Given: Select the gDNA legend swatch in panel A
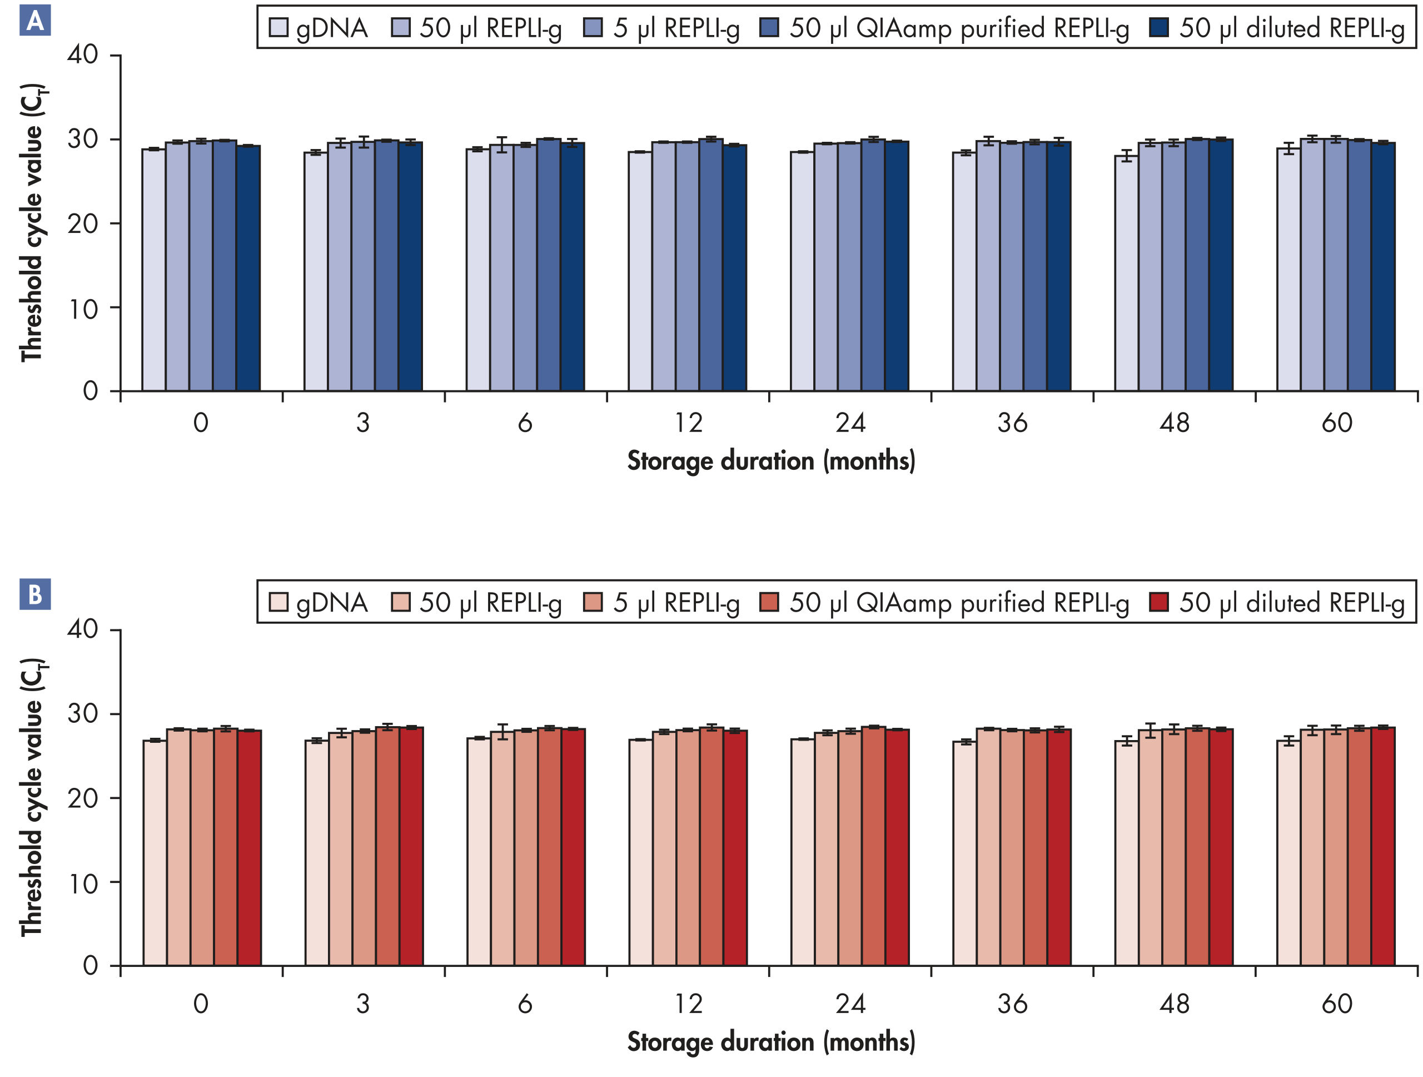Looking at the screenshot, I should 278,28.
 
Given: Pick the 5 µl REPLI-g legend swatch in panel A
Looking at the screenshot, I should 593,28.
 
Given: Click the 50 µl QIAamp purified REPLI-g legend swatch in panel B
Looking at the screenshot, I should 769,602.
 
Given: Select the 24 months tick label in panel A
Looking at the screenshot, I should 850,423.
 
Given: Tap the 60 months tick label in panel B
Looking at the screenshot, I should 1336,1004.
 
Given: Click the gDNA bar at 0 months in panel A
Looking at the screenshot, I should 154,270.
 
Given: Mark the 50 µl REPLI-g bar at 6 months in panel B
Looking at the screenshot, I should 502,849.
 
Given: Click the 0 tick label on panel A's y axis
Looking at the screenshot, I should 90,390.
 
